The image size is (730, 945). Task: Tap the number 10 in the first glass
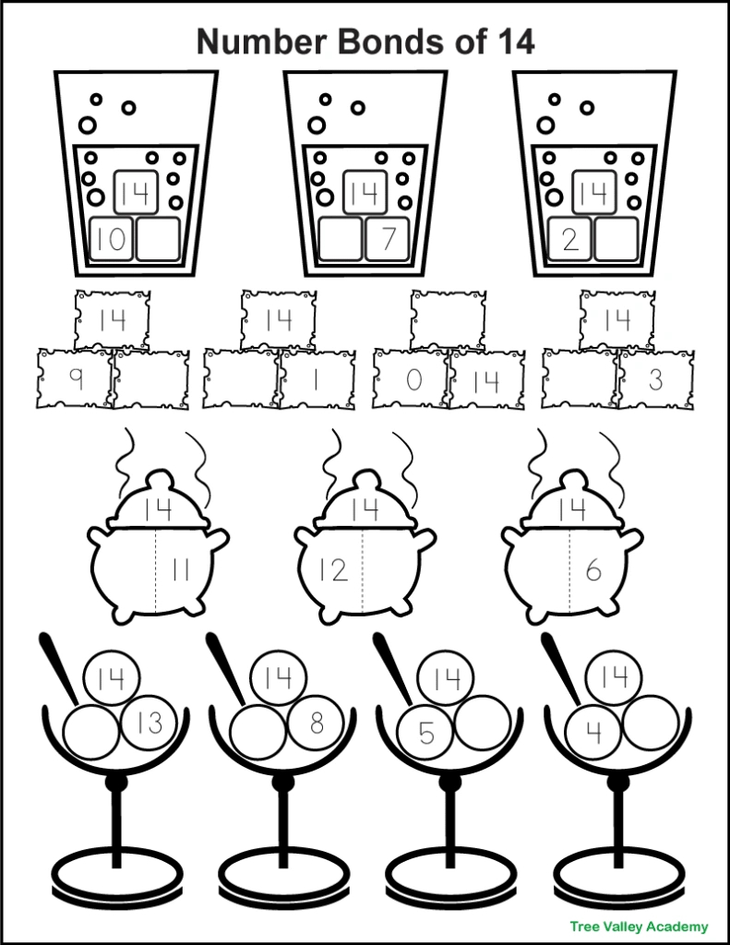[111, 239]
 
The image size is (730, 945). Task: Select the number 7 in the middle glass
[389, 239]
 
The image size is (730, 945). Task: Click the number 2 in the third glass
[569, 240]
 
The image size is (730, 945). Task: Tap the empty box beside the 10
[158, 239]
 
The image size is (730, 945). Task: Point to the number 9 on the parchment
[76, 379]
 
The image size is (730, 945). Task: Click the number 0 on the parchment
[413, 379]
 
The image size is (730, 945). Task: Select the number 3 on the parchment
[656, 379]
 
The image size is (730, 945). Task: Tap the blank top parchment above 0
[448, 320]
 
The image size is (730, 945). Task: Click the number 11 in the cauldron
[180, 569]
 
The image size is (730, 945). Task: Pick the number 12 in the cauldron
[333, 569]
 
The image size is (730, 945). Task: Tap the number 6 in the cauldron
[593, 570]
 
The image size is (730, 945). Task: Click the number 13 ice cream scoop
[150, 722]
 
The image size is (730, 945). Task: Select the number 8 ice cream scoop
[317, 722]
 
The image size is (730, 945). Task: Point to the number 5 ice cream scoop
[425, 732]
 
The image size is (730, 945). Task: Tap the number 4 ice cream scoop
[594, 732]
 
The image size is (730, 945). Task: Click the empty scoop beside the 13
[90, 732]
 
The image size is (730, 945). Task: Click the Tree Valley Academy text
[639, 927]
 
